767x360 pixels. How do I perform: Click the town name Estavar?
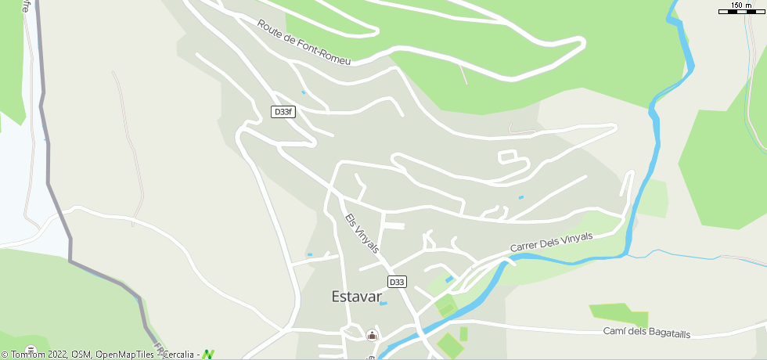[356, 297]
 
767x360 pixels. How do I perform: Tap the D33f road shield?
[283, 112]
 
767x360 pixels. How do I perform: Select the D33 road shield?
[397, 282]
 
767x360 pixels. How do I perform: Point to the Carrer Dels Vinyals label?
[551, 242]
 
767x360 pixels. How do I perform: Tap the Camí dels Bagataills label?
[646, 333]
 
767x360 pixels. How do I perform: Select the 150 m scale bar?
[741, 11]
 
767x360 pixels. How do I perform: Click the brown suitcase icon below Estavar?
[372, 336]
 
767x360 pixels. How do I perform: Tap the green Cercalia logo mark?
[207, 355]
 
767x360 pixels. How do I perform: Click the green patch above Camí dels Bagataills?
[619, 313]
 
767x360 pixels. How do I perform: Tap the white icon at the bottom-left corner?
[31, 350]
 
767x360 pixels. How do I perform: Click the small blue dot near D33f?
[303, 92]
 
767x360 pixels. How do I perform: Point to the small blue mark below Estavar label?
[383, 304]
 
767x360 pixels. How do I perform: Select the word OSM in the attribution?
[81, 355]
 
